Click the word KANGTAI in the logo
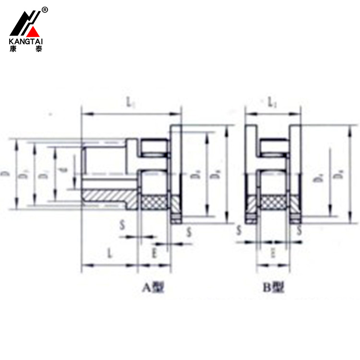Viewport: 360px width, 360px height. pos(26,41)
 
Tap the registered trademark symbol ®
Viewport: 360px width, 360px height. pos(45,10)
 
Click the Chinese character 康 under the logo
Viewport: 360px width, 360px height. pos(13,48)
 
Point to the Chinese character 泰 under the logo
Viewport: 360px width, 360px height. pos(38,48)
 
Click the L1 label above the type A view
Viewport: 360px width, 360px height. pos(130,102)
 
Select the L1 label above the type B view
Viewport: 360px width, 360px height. pos(272,102)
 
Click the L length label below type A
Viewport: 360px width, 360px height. pos(109,254)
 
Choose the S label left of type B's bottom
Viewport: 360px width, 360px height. pos(239,230)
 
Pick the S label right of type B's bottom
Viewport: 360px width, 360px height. pos(300,230)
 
